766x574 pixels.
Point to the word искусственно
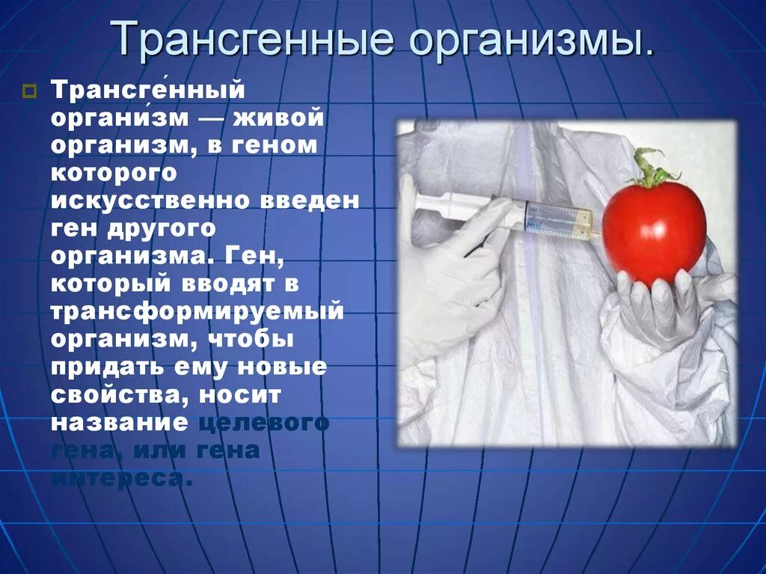coord(150,201)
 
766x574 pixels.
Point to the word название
coord(119,421)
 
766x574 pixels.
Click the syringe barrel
coord(557,219)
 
